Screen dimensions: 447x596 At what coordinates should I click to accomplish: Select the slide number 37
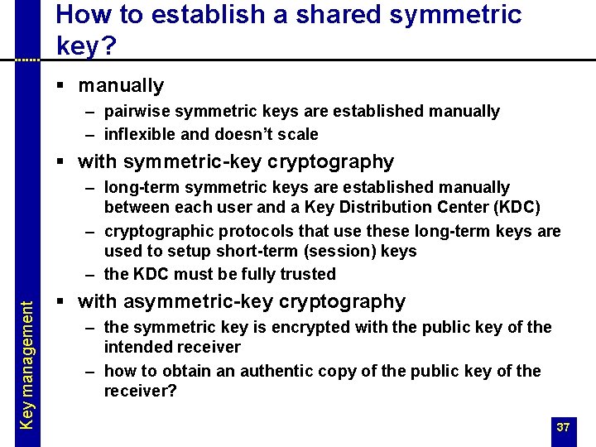point(563,427)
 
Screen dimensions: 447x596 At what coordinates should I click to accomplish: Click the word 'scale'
point(298,134)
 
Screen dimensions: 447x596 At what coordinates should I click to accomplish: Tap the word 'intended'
point(136,348)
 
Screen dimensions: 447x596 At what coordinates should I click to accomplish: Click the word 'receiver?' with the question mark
point(140,391)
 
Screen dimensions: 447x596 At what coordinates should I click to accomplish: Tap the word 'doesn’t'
point(245,134)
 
